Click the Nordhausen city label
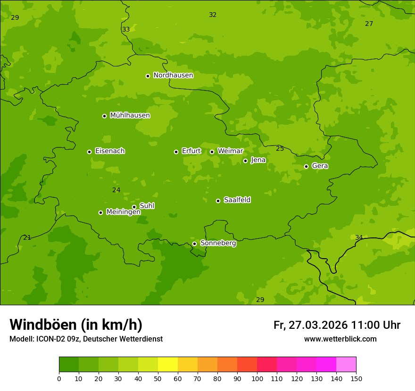coord(173,75)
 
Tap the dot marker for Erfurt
coord(176,152)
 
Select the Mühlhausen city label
coord(130,115)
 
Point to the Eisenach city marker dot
coord(89,152)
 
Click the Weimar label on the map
coord(230,151)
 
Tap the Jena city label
coord(258,160)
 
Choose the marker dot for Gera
coord(306,166)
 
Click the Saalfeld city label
coord(237,200)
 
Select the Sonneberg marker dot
coord(194,244)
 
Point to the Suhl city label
coord(147,206)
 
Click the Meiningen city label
coord(123,212)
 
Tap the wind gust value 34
coord(359,237)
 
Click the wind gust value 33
coord(126,30)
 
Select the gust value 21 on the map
coord(27,237)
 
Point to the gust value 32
coord(213,15)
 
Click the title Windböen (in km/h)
coord(76,325)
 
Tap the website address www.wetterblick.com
coord(340,339)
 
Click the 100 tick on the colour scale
coord(257,379)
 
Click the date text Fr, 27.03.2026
coord(310,325)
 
